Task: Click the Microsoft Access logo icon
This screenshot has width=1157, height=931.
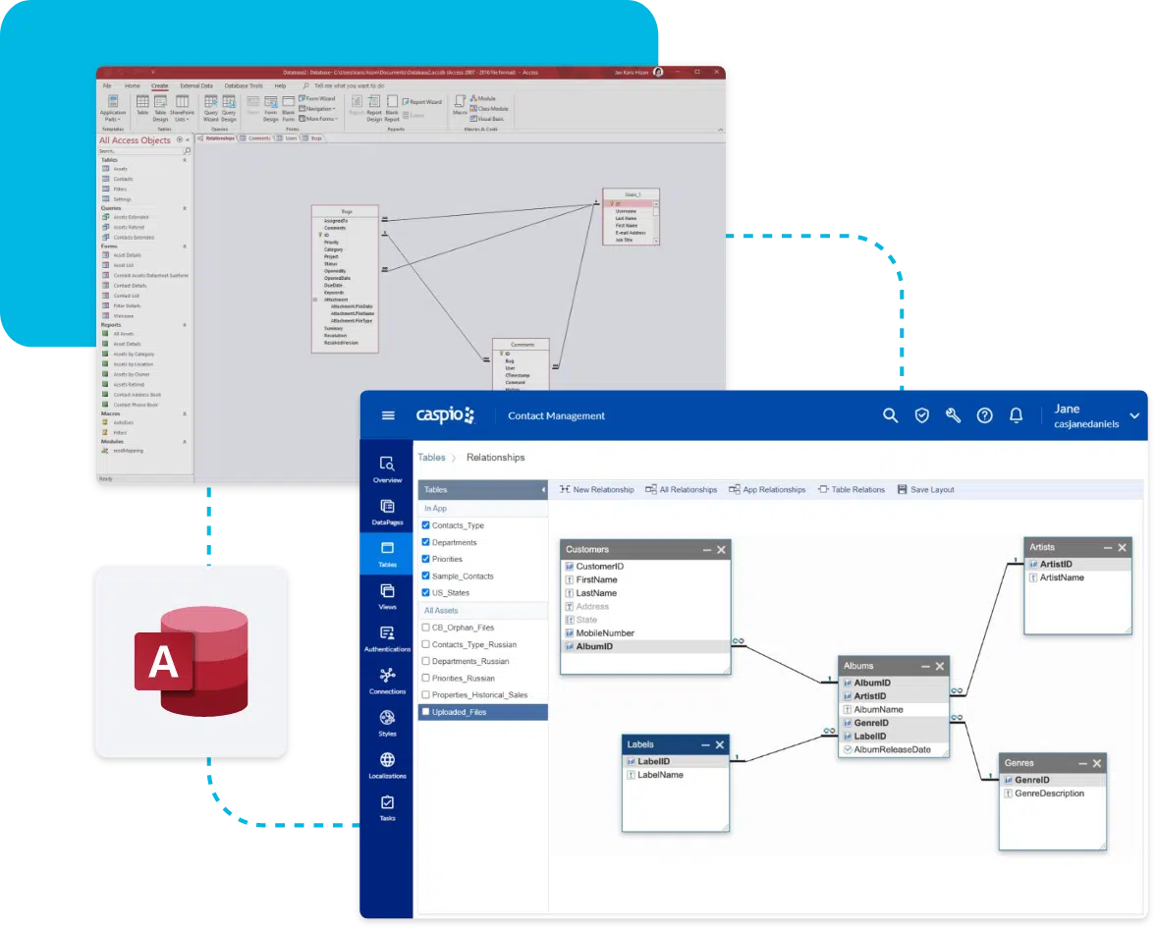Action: coord(192,662)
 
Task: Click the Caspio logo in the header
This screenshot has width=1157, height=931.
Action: coord(445,415)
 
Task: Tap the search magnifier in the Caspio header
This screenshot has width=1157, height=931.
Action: coord(890,415)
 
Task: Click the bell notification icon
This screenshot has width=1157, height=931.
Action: coord(1017,415)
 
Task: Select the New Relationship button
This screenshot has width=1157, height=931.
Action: coord(596,489)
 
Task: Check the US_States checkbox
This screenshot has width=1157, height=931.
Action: coord(426,593)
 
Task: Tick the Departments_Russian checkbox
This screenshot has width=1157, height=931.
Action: coord(426,662)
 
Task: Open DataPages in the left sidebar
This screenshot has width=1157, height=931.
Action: coord(387,512)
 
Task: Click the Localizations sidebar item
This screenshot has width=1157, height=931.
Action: coord(387,765)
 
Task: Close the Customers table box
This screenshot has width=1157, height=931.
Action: coord(722,550)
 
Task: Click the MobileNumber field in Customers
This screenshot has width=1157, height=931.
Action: coord(605,633)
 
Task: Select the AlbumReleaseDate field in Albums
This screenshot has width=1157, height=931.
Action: coord(892,749)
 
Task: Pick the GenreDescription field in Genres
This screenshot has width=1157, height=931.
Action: coord(1049,794)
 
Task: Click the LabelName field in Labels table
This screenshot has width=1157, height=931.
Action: coord(660,775)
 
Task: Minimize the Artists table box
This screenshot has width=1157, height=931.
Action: coord(1108,547)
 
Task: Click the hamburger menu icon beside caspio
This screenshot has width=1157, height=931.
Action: coord(388,415)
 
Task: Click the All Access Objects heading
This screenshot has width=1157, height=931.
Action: coord(135,140)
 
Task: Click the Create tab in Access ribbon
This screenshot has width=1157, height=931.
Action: coord(159,86)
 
